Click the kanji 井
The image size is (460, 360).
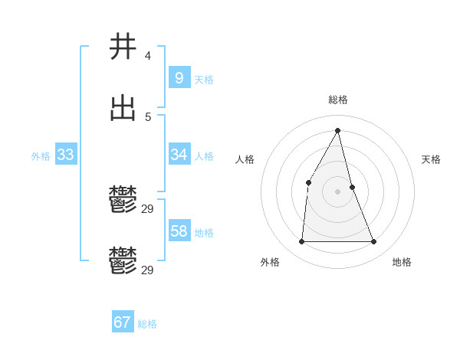click(x=123, y=47)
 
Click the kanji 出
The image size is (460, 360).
click(x=123, y=109)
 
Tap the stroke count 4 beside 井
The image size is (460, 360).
click(x=147, y=56)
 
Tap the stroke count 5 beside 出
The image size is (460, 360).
click(x=147, y=117)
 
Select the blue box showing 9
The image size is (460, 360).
click(x=179, y=77)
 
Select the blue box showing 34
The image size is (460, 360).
click(x=179, y=155)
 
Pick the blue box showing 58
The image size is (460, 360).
click(x=179, y=231)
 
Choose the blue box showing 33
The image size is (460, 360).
click(x=65, y=155)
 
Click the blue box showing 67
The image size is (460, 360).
click(x=122, y=322)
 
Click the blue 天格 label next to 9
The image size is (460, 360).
click(x=204, y=80)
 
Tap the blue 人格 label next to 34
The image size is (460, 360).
click(x=204, y=156)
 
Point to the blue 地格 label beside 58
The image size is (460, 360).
click(x=204, y=233)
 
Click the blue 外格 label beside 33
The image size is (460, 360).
click(x=41, y=156)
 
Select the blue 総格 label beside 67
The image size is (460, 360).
click(x=147, y=324)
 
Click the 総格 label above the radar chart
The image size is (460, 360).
click(x=338, y=100)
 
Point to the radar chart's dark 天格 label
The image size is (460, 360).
click(x=431, y=159)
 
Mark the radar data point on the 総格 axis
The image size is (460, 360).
click(x=338, y=130)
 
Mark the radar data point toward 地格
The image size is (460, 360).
click(x=374, y=242)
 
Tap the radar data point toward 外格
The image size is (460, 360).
click(x=301, y=242)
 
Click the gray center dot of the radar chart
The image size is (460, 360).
click(x=338, y=191)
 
